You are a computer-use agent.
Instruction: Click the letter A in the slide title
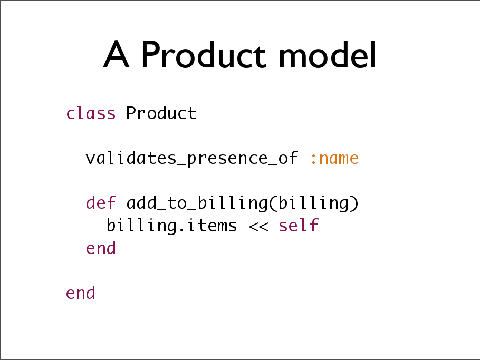[117, 54]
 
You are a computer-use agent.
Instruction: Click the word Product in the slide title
[204, 54]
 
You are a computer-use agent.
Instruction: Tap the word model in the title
[327, 54]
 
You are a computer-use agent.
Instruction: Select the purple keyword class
[91, 113]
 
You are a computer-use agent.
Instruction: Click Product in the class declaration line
[161, 113]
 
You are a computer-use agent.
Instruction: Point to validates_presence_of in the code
[191, 159]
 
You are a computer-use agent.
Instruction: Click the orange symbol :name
[334, 159]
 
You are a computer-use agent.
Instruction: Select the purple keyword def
[101, 202]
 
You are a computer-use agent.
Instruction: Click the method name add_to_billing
[197, 203]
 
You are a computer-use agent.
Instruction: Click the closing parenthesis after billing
[354, 203]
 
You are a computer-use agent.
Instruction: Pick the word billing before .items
[141, 226]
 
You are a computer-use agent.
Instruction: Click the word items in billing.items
[212, 226]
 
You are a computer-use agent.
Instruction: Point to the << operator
[258, 227]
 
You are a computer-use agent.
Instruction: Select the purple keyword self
[299, 225]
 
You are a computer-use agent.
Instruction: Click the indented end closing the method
[101, 248]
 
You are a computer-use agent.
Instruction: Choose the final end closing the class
[81, 293]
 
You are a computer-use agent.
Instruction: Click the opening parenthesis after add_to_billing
[273, 203]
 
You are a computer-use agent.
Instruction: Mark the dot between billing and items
[181, 230]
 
